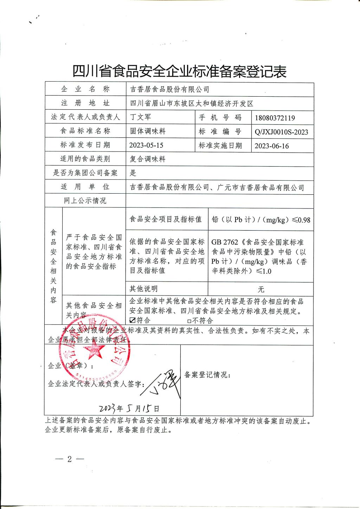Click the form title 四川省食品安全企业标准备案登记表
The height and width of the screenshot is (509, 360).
pos(179,72)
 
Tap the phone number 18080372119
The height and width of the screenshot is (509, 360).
pos(275,118)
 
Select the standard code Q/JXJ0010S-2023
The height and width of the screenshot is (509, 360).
pos(281,132)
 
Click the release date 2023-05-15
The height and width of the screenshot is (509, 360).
pos(146,145)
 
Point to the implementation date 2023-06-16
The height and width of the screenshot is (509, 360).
pos(272,146)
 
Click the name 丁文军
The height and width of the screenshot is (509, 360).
pos(141,117)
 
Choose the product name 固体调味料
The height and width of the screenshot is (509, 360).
pos(148,131)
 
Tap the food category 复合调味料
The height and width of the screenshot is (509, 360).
pos(148,159)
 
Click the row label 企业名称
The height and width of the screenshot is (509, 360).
pos(85,89)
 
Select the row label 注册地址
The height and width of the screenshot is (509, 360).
pos(85,103)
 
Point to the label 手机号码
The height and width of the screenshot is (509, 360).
pos(220,117)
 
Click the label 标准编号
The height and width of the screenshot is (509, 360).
pos(220,131)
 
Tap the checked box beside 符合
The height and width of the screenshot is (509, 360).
pos(133,320)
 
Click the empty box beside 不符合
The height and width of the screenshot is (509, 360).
pos(189,321)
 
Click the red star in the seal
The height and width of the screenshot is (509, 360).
pos(92,350)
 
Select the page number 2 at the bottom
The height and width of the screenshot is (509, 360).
pos(69,459)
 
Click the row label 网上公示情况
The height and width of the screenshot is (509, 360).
pos(85,201)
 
